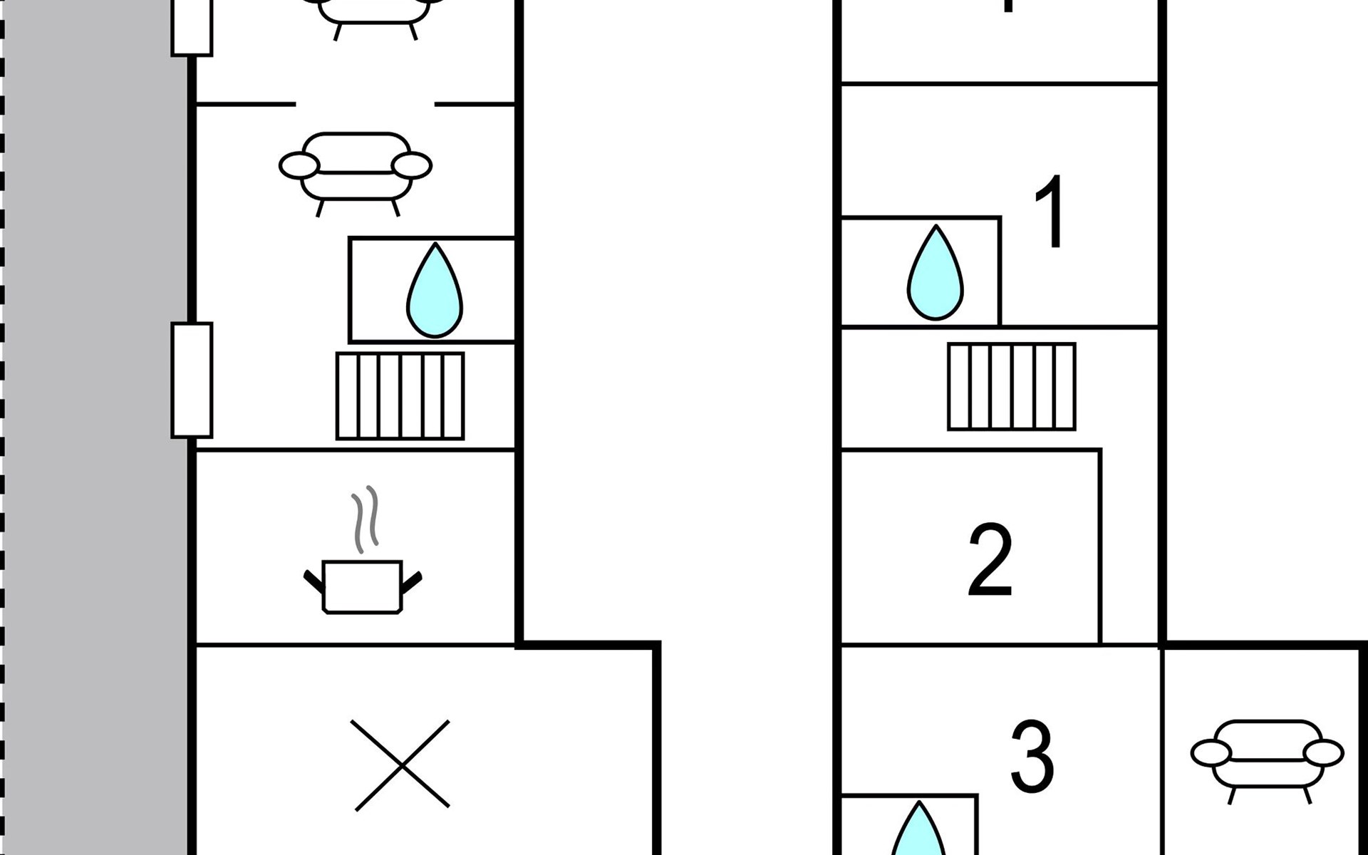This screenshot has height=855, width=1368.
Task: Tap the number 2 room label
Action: [x=990, y=560]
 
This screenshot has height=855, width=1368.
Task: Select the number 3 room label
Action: [x=1032, y=757]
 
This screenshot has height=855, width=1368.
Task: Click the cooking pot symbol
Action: [x=362, y=586]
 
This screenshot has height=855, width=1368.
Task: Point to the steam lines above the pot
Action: [x=365, y=519]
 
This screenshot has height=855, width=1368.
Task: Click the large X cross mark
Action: [x=403, y=765]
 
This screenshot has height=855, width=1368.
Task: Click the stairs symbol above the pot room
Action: [x=400, y=396]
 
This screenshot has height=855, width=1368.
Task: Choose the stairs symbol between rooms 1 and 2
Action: [x=1011, y=387]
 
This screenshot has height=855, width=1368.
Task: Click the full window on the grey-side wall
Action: [x=192, y=380]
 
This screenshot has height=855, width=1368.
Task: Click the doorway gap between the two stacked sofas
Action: [x=365, y=104]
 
